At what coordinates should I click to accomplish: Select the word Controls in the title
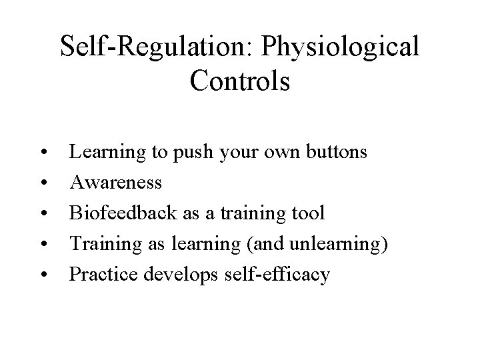point(239,81)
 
